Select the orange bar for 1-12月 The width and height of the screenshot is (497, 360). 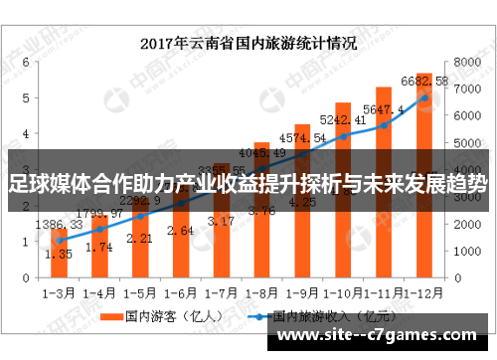(x=423, y=179)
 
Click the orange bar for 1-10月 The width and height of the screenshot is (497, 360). (x=343, y=199)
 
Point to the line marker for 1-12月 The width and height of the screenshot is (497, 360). (x=423, y=97)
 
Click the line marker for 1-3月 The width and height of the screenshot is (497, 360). (x=60, y=241)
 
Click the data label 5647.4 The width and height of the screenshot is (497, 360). (x=384, y=109)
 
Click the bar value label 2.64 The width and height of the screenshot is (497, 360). (x=182, y=231)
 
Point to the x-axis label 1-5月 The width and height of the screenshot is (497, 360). (x=140, y=294)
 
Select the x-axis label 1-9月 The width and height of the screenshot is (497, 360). (x=302, y=294)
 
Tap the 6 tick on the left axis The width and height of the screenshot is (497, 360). (x=23, y=61)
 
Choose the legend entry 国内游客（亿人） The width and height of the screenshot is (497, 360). (x=159, y=318)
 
